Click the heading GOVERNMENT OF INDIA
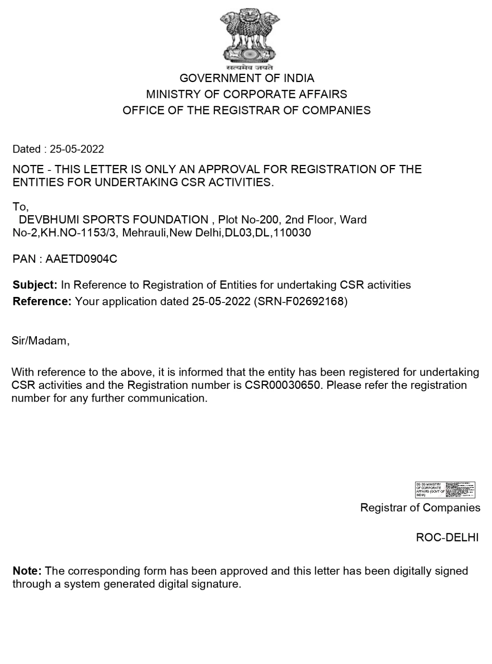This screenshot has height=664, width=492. [247, 78]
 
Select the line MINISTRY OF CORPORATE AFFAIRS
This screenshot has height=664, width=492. [247, 94]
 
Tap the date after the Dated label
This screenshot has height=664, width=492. [77, 149]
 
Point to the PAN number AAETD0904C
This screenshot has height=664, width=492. [81, 259]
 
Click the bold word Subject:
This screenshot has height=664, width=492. [35, 285]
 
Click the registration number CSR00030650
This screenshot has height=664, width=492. [282, 385]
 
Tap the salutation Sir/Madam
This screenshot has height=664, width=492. [40, 341]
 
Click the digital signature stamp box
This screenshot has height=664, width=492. [445, 490]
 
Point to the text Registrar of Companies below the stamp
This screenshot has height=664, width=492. [420, 507]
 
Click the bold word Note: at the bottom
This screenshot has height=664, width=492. [27, 571]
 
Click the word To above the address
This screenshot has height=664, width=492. [20, 207]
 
